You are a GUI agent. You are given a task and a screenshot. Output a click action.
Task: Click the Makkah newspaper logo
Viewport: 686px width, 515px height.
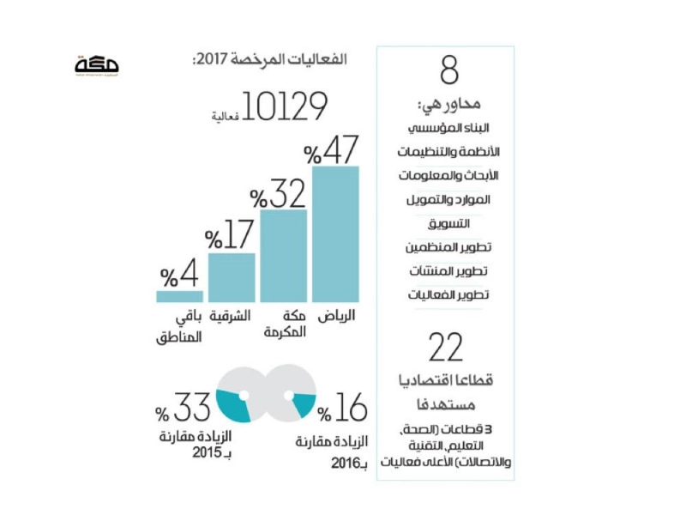[x=97, y=66]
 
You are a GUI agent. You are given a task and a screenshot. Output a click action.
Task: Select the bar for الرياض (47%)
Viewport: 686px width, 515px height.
[x=335, y=234]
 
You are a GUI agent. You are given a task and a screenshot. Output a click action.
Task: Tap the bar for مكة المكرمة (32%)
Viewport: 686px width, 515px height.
[x=284, y=256]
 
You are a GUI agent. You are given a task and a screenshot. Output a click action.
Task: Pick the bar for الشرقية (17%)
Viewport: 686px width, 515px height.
[x=232, y=277]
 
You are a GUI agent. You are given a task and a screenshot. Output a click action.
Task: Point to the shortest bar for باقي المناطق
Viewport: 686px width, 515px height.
[x=179, y=296]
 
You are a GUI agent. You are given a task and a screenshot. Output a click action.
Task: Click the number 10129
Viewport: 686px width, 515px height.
[x=285, y=106]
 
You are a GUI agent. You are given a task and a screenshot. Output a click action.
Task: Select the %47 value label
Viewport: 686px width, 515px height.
[x=331, y=150]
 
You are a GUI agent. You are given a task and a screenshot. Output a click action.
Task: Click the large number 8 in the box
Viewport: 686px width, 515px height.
[x=449, y=70]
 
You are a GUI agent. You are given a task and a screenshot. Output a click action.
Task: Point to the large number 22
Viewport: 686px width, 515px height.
[x=446, y=348]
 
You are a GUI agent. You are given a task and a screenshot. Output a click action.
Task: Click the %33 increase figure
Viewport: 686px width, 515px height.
[x=183, y=407]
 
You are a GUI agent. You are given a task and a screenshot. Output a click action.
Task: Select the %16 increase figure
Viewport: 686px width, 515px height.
[x=342, y=407]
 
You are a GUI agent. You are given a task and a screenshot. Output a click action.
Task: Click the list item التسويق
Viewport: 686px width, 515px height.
[x=448, y=224]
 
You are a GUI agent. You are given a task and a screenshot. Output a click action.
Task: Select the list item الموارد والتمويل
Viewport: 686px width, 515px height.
[x=448, y=200]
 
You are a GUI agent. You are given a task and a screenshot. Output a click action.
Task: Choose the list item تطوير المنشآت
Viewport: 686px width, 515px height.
[x=448, y=271]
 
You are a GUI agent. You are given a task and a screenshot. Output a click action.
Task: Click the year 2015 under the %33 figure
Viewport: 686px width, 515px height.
[x=207, y=452]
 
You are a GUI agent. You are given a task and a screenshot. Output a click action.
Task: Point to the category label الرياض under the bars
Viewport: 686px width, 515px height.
[x=336, y=316]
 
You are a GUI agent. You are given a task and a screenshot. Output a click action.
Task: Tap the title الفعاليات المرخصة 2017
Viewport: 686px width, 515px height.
[x=269, y=59]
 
